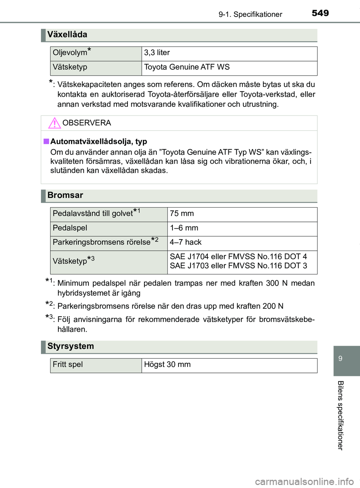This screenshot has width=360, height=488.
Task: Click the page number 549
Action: pos(320,13)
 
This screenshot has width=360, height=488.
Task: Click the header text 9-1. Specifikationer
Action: pos(250,14)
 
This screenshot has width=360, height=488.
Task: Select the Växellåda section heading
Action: pos(67,34)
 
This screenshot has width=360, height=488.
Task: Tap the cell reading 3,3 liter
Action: pos(157,53)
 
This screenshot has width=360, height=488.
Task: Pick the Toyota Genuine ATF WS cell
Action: pos(187,67)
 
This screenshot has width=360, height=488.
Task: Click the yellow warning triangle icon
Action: pos(54,123)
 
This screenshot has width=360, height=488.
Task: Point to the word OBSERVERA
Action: pos(87,123)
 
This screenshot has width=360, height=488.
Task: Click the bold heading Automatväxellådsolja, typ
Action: pos(99,141)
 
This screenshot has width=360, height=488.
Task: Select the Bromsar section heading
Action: pos(65,195)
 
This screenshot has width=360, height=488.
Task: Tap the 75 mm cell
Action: pos(182,214)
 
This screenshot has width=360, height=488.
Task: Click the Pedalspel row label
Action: pos(70,228)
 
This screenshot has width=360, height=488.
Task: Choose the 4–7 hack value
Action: pos(186,242)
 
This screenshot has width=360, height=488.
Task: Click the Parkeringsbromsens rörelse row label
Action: pos(102,242)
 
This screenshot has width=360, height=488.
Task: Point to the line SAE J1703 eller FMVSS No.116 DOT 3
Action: pos(238,266)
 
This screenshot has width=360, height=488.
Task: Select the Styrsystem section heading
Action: pos(70,346)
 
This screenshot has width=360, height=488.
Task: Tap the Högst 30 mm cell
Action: pos(167,365)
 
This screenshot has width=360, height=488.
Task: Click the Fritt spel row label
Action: pos(68,365)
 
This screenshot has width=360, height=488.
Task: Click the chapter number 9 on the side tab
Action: pos(340,359)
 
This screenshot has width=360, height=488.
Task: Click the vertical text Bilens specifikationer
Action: pos(340,415)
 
